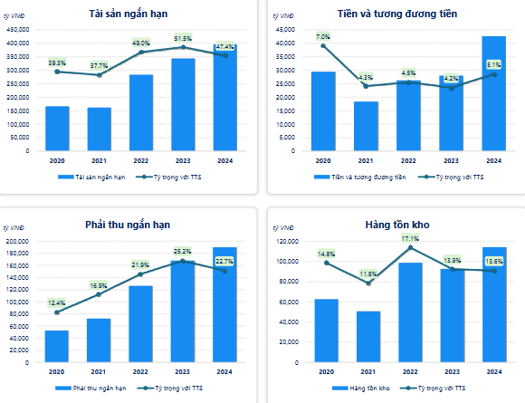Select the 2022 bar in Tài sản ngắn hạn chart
tap(141, 113)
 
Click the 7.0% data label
tap(323, 36)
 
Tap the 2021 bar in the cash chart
tap(366, 127)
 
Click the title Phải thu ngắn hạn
tap(134, 224)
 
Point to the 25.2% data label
tap(183, 251)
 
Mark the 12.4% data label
tap(57, 302)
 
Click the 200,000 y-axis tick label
tap(18, 242)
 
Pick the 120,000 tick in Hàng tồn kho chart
tap(283, 242)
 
